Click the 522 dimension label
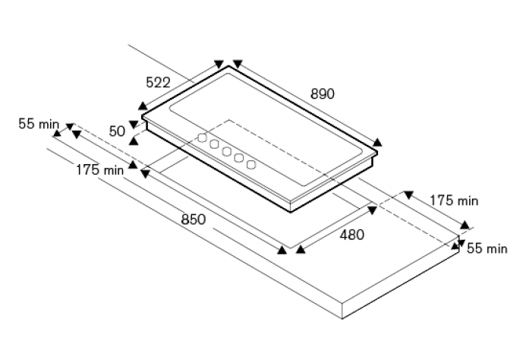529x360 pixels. pos(158,82)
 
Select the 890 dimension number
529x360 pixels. pos(323,94)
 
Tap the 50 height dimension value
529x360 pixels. pos(117,131)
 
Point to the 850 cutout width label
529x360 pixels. pos(194,219)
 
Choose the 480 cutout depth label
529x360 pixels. pos(352,235)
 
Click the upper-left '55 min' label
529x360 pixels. pos(39,124)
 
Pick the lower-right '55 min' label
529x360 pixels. pos(487,248)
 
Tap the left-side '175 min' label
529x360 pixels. pos(100,170)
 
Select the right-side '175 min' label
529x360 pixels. pos(454,201)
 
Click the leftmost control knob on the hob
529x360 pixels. pos(202,137)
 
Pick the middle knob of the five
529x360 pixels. pos(226,152)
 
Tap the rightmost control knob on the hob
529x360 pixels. pos(251,165)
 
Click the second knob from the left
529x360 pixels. pos(214,144)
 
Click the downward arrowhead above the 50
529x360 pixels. pos(134,125)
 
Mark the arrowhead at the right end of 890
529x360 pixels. pos(377,142)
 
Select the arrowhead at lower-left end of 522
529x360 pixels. pos(143,106)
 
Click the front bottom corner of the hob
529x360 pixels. pos(291,212)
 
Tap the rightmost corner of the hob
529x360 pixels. pos(377,153)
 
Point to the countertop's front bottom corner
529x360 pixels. pos(342,318)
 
